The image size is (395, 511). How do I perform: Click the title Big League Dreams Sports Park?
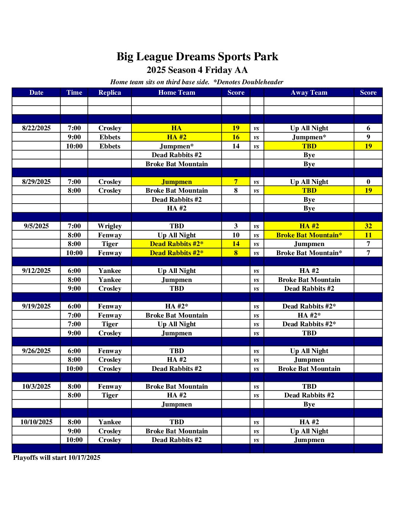point(197,57)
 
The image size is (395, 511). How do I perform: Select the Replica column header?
point(110,93)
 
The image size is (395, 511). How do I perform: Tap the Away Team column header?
point(309,93)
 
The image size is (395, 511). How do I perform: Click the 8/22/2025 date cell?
point(36,128)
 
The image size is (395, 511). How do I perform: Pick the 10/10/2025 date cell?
point(36,422)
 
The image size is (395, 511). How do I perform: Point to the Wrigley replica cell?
point(110,226)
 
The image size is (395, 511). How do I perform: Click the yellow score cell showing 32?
point(368,226)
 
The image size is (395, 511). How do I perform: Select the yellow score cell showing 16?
point(236,137)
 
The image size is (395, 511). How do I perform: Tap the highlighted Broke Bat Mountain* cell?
point(309,235)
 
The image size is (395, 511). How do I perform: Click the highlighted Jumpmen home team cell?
point(176,182)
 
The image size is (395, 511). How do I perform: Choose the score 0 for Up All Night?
point(368,182)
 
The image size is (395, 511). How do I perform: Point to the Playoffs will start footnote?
point(57,458)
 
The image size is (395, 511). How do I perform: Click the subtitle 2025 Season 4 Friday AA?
point(197,70)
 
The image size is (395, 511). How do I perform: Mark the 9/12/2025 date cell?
point(36,271)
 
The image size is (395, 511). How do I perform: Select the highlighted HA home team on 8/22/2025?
point(176,128)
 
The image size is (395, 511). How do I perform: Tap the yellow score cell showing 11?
point(368,235)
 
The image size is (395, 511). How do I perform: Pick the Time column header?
point(74,93)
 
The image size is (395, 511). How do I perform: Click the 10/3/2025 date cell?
point(36,387)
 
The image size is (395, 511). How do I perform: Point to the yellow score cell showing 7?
point(236,182)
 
